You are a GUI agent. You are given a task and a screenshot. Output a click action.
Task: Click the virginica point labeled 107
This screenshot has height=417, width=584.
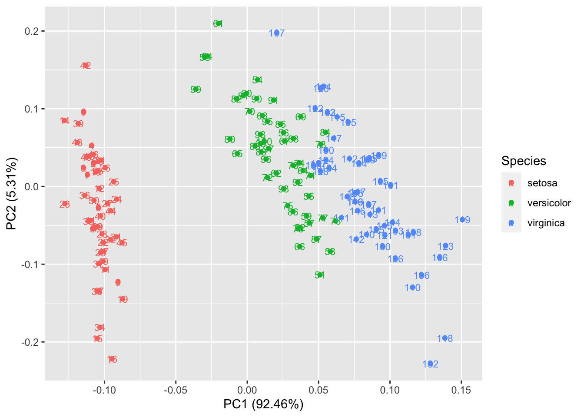pyautogui.click(x=277, y=33)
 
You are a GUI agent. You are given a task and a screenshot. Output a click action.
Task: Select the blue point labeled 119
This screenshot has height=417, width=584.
pyautogui.click(x=462, y=220)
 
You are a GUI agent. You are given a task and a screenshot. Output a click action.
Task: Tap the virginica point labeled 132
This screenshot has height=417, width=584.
pyautogui.click(x=430, y=364)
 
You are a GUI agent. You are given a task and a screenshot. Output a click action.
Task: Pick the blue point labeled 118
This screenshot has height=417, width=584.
pyautogui.click(x=445, y=338)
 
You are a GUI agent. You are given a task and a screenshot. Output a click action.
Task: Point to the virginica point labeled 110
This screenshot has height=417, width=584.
pyautogui.click(x=412, y=287)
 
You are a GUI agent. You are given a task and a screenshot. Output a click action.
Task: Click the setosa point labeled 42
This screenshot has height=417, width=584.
pyautogui.click(x=86, y=66)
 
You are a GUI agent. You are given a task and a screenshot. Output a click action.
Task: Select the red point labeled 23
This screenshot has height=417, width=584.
pyautogui.click(x=65, y=204)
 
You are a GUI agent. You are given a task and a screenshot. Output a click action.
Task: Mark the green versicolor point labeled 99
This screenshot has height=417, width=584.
pyautogui.click(x=196, y=89)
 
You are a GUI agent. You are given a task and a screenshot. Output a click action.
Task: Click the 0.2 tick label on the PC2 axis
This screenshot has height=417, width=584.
pyautogui.click(x=34, y=31)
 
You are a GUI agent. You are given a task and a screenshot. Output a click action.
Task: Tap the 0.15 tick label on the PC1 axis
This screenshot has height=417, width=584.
pyautogui.click(x=461, y=390)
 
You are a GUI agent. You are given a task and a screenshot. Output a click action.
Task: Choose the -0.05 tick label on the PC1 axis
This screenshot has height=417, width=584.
pyautogui.click(x=176, y=390)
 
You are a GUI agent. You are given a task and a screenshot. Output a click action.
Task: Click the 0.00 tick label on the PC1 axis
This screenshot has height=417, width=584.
pyautogui.click(x=247, y=390)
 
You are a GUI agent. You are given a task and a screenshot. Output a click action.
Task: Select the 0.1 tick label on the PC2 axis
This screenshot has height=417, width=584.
pyautogui.click(x=34, y=109)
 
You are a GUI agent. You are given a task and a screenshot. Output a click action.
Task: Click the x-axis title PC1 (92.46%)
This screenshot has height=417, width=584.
pyautogui.click(x=263, y=404)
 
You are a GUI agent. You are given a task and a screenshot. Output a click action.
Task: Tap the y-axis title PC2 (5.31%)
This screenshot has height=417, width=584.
pyautogui.click(x=12, y=194)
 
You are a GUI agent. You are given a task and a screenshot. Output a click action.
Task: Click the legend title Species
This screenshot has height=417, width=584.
pyautogui.click(x=524, y=161)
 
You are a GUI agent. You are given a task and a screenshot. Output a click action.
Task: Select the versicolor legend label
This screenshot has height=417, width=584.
pyautogui.click(x=549, y=203)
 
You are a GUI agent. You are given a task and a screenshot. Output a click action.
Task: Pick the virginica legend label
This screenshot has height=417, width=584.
pyautogui.click(x=546, y=223)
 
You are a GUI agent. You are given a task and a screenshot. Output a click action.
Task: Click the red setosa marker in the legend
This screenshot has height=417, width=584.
pyautogui.click(x=511, y=183)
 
